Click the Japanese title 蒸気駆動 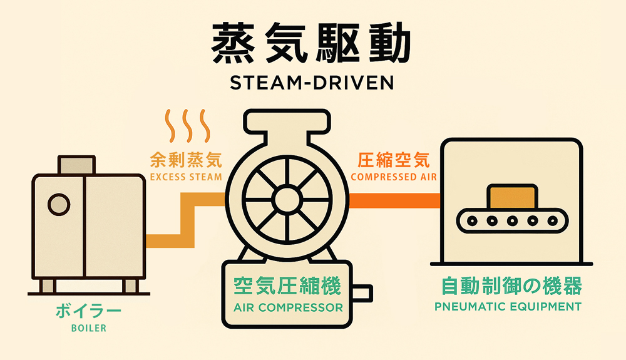point(312,45)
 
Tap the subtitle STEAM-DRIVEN point(312,83)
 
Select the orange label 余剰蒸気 point(186,160)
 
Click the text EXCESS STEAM point(186,177)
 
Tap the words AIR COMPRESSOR point(287,308)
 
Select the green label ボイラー point(88,311)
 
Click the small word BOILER point(88,327)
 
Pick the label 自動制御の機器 point(511,287)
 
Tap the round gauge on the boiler point(58,204)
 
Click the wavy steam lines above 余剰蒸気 point(185,126)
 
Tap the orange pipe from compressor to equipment point(394,200)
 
